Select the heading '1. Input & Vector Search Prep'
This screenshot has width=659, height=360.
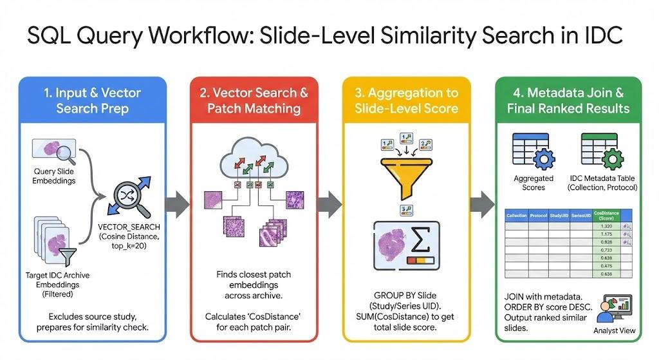tap(93, 100)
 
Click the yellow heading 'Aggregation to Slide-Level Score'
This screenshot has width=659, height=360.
tap(411, 100)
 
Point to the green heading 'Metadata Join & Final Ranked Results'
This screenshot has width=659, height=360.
tap(568, 100)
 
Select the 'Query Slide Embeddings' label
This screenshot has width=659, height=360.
tap(53, 176)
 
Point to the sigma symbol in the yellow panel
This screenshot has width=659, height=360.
tap(420, 240)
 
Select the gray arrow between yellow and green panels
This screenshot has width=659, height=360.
tap(481, 204)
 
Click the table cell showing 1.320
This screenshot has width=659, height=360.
tap(605, 227)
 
